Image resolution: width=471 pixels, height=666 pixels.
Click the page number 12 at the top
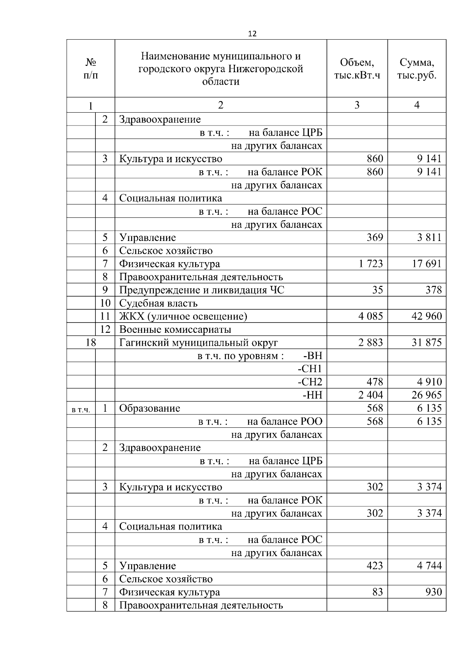tap(252, 34)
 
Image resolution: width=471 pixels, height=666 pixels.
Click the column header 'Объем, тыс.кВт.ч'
tap(357, 69)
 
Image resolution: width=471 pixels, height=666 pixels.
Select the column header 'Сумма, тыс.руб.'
tap(417, 69)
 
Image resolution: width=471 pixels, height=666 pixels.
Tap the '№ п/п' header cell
tap(91, 69)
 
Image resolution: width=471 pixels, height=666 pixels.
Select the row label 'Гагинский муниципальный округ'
tap(199, 343)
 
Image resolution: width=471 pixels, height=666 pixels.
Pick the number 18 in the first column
tap(91, 343)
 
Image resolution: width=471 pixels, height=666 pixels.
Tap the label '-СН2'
tap(310, 382)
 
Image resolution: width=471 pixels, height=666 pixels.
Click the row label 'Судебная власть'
tap(158, 303)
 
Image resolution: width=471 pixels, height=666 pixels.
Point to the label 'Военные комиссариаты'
tap(175, 330)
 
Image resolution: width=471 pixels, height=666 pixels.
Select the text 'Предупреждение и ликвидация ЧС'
tap(202, 290)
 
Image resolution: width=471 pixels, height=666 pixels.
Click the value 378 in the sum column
tap(433, 290)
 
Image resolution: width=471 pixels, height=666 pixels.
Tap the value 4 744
tap(429, 566)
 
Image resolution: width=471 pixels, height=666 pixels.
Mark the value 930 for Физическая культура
tap(433, 592)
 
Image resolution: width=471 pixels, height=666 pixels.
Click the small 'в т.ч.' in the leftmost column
tap(81, 410)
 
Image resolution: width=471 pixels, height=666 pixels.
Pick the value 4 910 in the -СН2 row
tap(429, 382)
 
